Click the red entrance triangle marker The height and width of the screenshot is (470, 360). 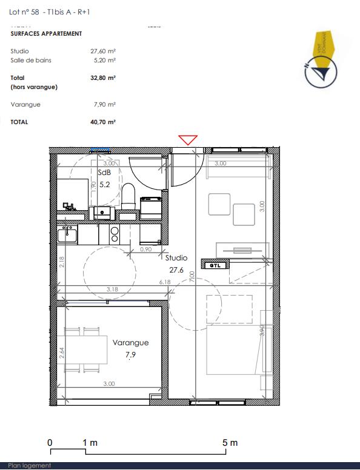point(188,139)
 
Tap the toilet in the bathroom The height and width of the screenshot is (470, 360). point(128,197)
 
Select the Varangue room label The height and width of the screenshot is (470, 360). point(130,343)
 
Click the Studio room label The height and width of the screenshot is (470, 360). point(176,257)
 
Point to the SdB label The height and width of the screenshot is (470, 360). point(104,172)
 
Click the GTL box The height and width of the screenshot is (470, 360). point(215,265)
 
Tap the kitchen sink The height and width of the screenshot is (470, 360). point(67,233)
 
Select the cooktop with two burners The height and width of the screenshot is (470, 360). point(113,234)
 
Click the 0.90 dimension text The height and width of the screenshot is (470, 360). point(145,249)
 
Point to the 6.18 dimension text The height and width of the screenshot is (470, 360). point(165,282)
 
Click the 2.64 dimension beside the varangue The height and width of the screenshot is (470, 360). point(62,352)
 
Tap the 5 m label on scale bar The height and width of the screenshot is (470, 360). point(230,443)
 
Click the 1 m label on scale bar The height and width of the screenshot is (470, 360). point(90,443)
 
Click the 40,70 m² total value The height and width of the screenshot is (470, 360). point(103,122)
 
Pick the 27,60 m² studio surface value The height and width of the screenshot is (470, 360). point(103,51)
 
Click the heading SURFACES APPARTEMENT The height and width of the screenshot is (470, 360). point(46,34)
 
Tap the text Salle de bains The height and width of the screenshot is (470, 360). point(31,61)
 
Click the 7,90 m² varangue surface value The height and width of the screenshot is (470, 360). point(104,105)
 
